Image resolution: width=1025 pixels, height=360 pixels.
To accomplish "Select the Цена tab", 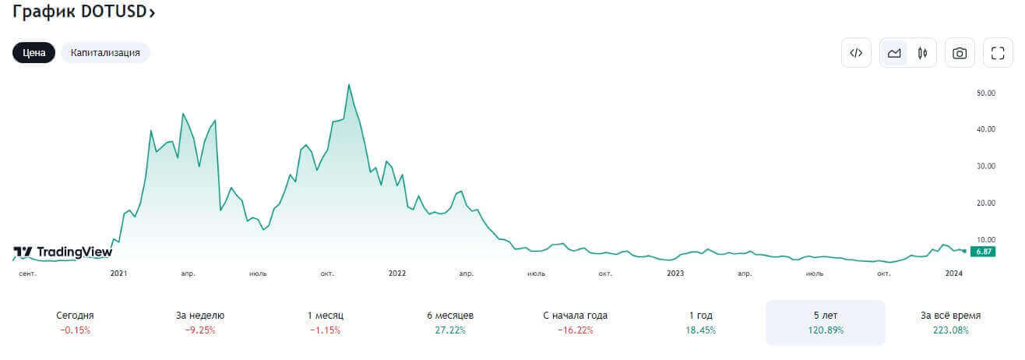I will tap(33, 53).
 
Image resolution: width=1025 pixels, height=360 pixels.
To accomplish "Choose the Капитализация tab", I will tap(105, 53).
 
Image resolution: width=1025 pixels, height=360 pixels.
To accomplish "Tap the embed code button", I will tap(856, 53).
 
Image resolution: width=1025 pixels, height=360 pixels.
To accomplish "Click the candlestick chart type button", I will tap(922, 53).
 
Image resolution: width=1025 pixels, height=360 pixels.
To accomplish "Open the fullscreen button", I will tap(998, 53).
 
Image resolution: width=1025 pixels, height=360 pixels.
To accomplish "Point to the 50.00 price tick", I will tap(986, 93).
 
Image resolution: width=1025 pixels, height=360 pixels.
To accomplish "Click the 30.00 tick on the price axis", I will tap(986, 166).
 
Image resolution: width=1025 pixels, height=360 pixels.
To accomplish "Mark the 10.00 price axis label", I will tap(986, 239).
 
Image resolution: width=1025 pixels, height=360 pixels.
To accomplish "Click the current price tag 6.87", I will tap(984, 251).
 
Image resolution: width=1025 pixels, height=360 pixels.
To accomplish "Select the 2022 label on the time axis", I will tap(397, 274).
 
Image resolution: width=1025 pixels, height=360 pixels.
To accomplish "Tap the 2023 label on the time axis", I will tap(675, 274).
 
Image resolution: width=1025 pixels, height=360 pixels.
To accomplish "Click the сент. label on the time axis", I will tap(27, 274).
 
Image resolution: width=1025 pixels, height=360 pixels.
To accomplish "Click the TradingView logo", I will tap(63, 252).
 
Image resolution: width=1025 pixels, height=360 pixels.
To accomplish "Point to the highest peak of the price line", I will tap(349, 85).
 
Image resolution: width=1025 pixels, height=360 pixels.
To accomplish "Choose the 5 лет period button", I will tap(826, 322).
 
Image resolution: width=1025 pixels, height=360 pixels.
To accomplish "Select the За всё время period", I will tap(950, 322).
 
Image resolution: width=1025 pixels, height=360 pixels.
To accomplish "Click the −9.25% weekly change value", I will tap(200, 330).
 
